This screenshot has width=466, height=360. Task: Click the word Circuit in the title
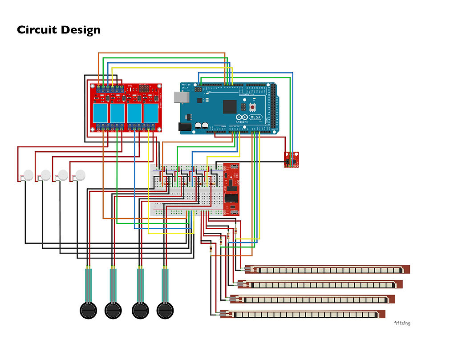(37, 30)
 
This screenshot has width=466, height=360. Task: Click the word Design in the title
(81, 30)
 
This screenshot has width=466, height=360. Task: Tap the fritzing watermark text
(402, 323)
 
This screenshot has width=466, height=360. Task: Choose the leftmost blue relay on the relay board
(100, 113)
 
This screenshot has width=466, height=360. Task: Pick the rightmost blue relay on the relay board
(150, 113)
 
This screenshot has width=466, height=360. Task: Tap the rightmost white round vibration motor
(80, 174)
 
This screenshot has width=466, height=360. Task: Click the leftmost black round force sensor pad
(88, 309)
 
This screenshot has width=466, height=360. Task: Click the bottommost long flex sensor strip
(303, 314)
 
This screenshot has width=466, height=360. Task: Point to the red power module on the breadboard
(231, 189)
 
